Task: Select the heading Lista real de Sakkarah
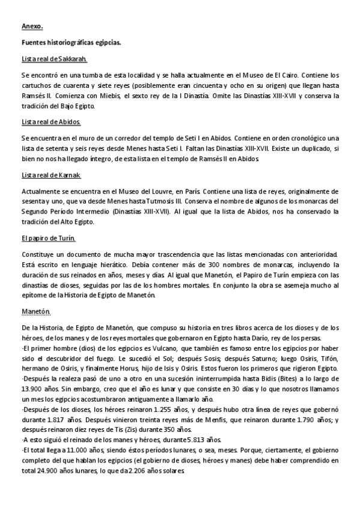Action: (x=54, y=58)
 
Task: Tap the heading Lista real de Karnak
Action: (x=51, y=175)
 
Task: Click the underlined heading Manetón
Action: (x=36, y=311)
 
